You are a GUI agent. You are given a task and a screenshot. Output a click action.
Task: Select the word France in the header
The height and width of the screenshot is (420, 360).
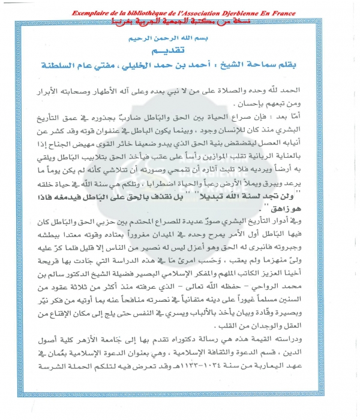[x=289, y=13]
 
